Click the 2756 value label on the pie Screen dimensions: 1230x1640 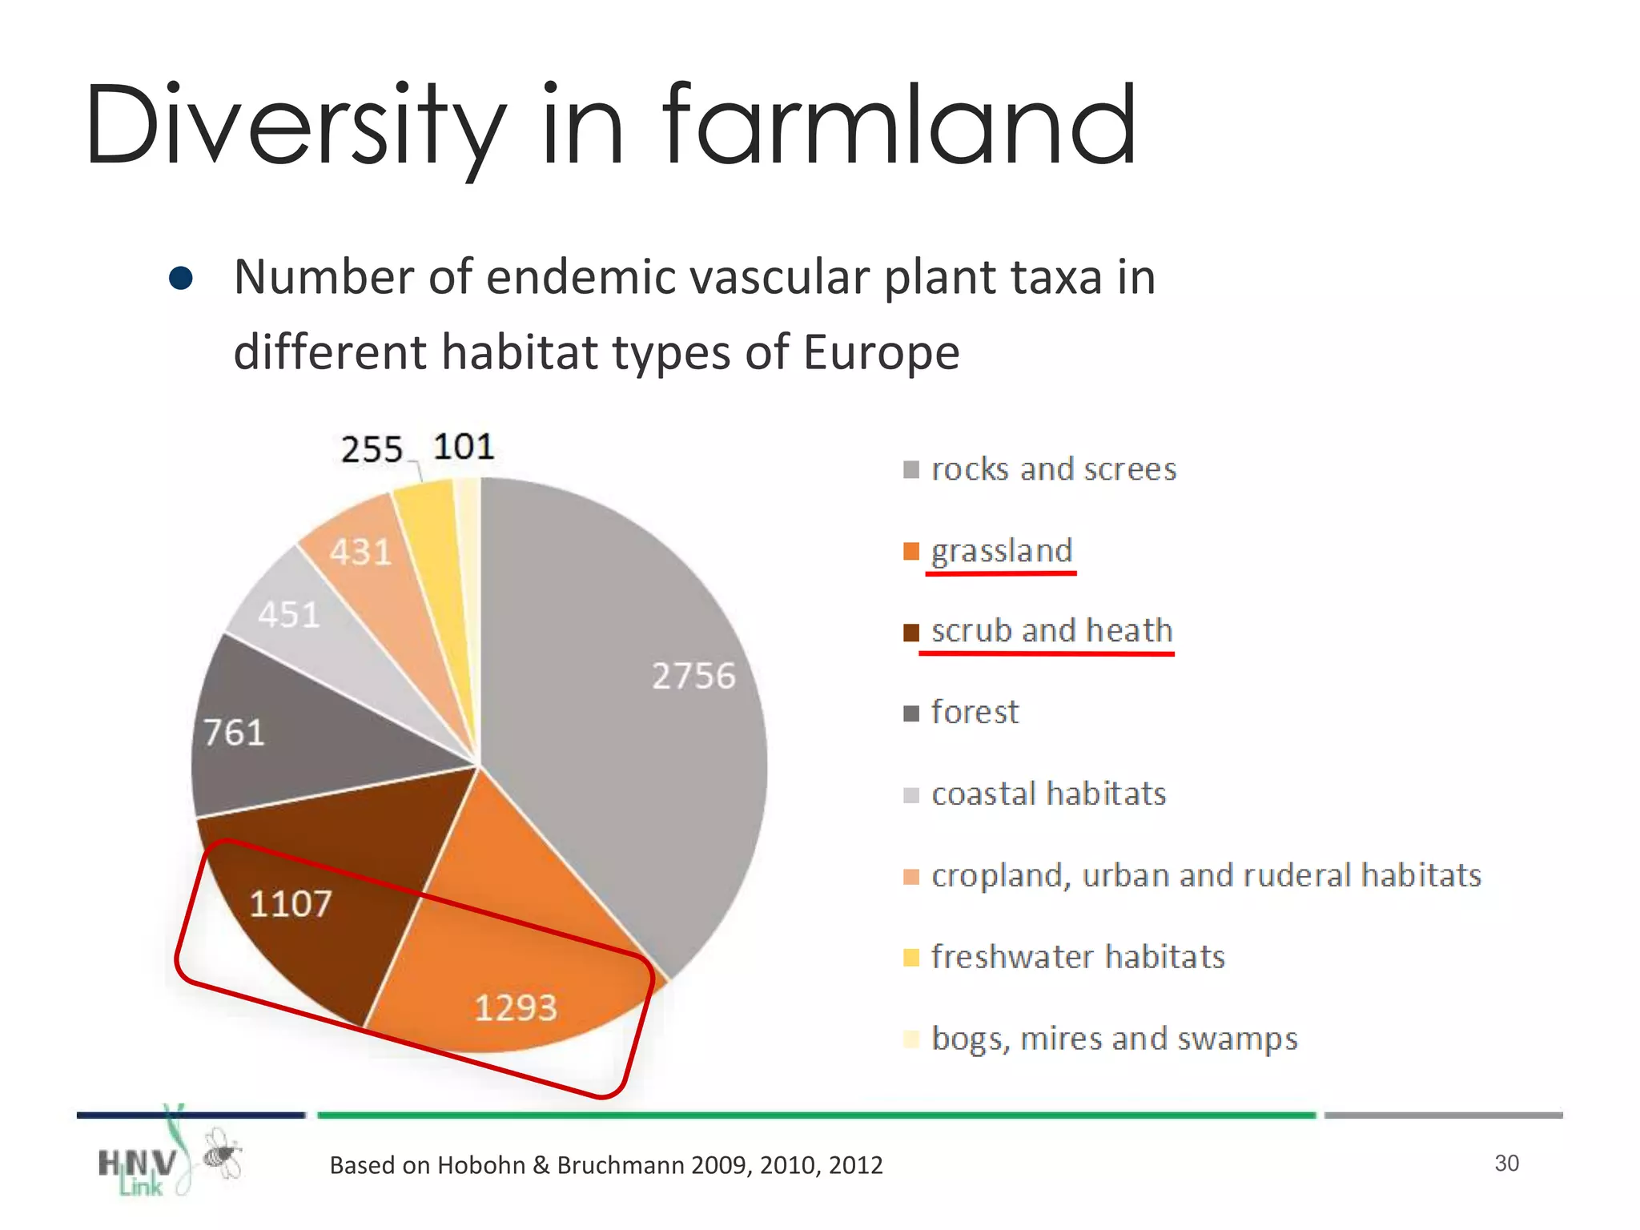693,676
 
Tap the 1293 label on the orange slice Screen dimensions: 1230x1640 515,1007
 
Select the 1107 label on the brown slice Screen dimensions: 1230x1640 290,904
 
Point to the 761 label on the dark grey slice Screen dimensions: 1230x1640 233,733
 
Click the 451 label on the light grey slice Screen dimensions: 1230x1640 288,615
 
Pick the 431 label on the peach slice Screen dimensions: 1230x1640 360,552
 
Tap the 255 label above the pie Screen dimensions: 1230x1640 371,449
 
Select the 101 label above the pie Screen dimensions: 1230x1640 464,447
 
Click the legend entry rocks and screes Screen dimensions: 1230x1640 1053,469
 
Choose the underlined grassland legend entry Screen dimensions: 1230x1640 1001,551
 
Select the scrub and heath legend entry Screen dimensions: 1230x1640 1051,631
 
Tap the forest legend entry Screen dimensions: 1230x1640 975,712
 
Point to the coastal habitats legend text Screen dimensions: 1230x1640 1048,794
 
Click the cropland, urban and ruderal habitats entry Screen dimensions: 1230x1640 1205,875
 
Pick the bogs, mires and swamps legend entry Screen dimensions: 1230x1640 1113,1039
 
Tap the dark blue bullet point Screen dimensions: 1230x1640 181,278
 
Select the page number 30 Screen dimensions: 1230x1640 1506,1163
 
